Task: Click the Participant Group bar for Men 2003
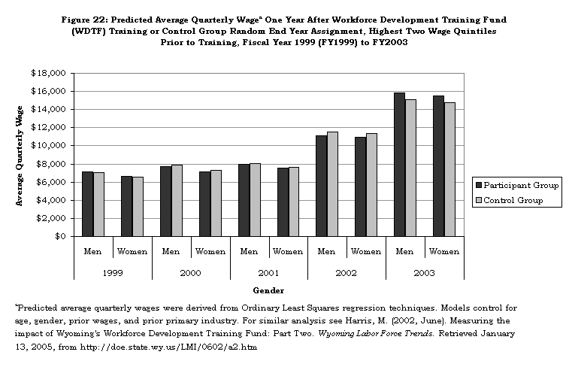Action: click(399, 165)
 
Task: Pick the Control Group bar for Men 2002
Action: click(332, 184)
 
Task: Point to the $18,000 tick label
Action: click(48, 73)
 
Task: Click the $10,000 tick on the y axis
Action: click(48, 146)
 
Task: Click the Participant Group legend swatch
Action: click(477, 185)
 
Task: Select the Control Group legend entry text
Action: click(521, 201)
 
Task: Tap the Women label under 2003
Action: click(444, 251)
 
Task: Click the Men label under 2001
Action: click(249, 251)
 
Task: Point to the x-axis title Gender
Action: click(268, 290)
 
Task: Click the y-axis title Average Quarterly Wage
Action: click(20, 155)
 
